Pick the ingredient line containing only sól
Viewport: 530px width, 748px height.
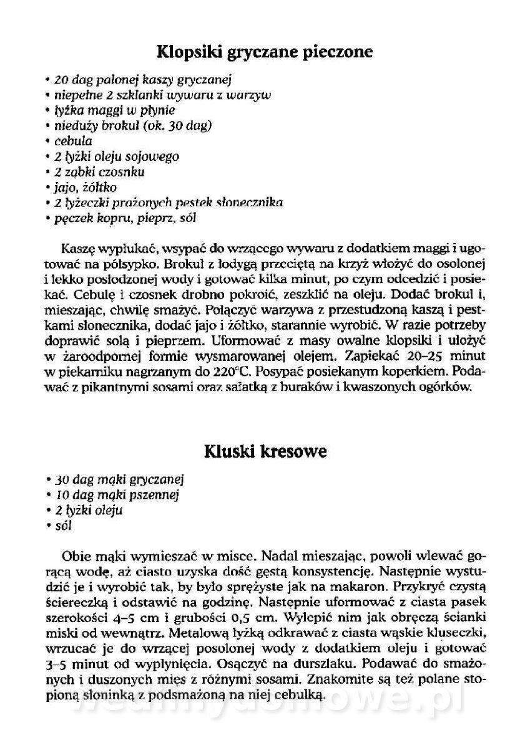[x=63, y=525]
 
